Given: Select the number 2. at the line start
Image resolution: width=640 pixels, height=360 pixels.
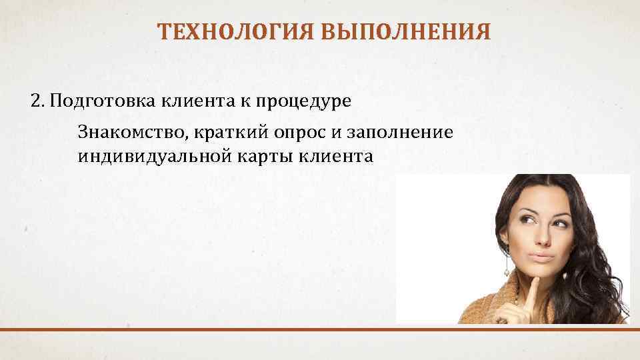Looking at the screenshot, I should [38, 101].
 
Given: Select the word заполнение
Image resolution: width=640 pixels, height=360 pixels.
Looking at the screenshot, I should [399, 131].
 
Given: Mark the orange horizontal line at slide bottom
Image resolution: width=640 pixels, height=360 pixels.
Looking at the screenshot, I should [320, 329].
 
